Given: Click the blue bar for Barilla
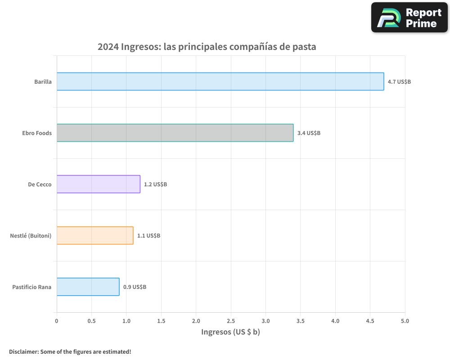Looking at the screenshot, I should pos(220,81).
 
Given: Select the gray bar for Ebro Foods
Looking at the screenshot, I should pos(175,133).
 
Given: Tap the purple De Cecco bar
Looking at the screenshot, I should pos(99,184).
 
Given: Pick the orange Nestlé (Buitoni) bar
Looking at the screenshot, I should pos(95,235).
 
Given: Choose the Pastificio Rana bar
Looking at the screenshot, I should pos(88,287).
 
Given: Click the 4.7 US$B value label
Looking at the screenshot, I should pos(399,82).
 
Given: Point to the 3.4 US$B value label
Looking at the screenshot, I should pos(309,133).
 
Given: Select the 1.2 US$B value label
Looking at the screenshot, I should pos(155,184).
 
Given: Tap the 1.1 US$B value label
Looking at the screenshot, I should pos(148,236).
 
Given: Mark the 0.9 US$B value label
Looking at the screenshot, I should pos(135,287).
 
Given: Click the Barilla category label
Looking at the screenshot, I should pos(43,82).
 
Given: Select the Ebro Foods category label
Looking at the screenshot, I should pos(37,133).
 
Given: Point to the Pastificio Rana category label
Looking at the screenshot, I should pos(32,287).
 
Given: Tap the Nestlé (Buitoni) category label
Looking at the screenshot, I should pos(31,236).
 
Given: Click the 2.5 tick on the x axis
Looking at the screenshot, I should pos(231,321).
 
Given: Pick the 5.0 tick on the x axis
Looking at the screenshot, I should pos(405,321).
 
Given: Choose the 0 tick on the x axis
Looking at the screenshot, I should pos(57,321).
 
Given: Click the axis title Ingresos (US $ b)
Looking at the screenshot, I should pos(230,332).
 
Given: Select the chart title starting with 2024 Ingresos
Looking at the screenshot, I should pos(207,47).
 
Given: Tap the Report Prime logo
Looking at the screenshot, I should pos(409,18).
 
